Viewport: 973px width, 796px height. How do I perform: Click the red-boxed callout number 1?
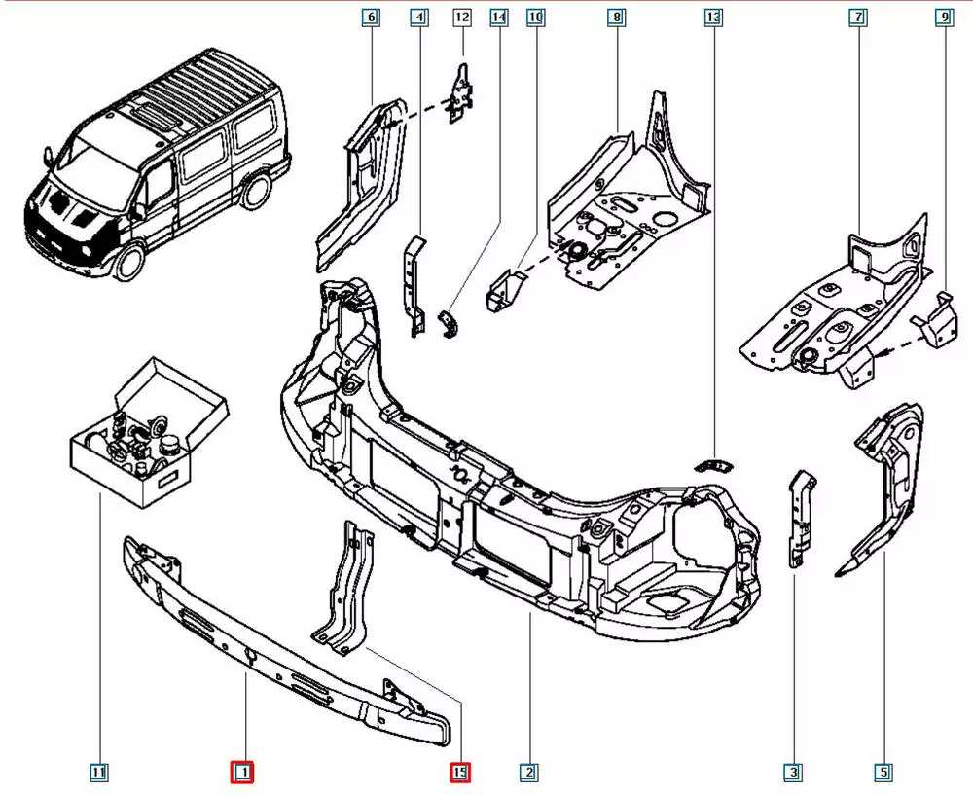[x=242, y=773]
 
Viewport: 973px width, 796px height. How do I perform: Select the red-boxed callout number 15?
[x=460, y=773]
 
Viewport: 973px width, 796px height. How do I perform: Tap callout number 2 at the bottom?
[x=528, y=773]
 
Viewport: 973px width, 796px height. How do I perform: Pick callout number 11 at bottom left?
[x=99, y=773]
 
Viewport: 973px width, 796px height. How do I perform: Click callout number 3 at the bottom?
[x=795, y=773]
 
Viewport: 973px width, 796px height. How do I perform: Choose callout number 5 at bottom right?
[x=883, y=773]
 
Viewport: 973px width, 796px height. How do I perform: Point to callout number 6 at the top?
[x=371, y=17]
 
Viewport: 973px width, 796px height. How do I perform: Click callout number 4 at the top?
[x=418, y=17]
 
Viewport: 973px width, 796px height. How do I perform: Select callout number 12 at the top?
[x=461, y=17]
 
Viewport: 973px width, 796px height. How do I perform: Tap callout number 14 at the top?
[x=499, y=17]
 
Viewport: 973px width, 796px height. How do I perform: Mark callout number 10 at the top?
[x=536, y=17]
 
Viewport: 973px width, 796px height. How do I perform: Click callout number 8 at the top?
[x=616, y=17]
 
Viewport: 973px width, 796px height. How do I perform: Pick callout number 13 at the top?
[x=713, y=17]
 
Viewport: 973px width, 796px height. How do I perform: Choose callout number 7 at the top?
[x=857, y=17]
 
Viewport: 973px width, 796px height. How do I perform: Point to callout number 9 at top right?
[x=943, y=17]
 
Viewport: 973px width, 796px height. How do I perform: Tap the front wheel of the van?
[x=128, y=261]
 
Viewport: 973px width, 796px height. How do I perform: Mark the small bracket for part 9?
[x=935, y=317]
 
